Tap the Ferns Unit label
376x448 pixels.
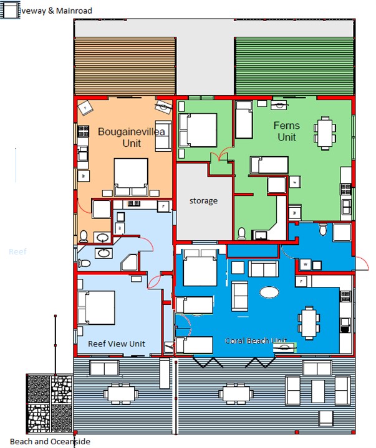(x=286, y=131)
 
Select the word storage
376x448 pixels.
(x=203, y=200)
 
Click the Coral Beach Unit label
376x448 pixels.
(x=256, y=340)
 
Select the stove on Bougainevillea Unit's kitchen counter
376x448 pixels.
(x=82, y=132)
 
